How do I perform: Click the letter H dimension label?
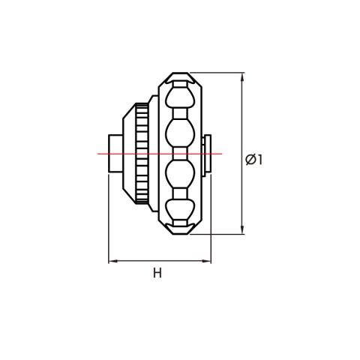pyautogui.click(x=157, y=273)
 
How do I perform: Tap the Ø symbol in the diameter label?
pyautogui.click(x=250, y=160)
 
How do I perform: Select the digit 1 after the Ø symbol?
pyautogui.click(x=259, y=160)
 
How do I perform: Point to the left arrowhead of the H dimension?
pyautogui.click(x=113, y=261)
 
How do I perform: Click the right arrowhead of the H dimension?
pyautogui.click(x=206, y=261)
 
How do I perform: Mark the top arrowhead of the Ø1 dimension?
pyautogui.click(x=242, y=77)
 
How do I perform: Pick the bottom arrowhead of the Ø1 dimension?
pyautogui.click(x=242, y=229)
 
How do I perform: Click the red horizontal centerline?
pyautogui.click(x=160, y=154)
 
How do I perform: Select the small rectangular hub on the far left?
pyautogui.click(x=115, y=153)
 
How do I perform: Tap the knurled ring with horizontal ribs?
pyautogui.click(x=142, y=153)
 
